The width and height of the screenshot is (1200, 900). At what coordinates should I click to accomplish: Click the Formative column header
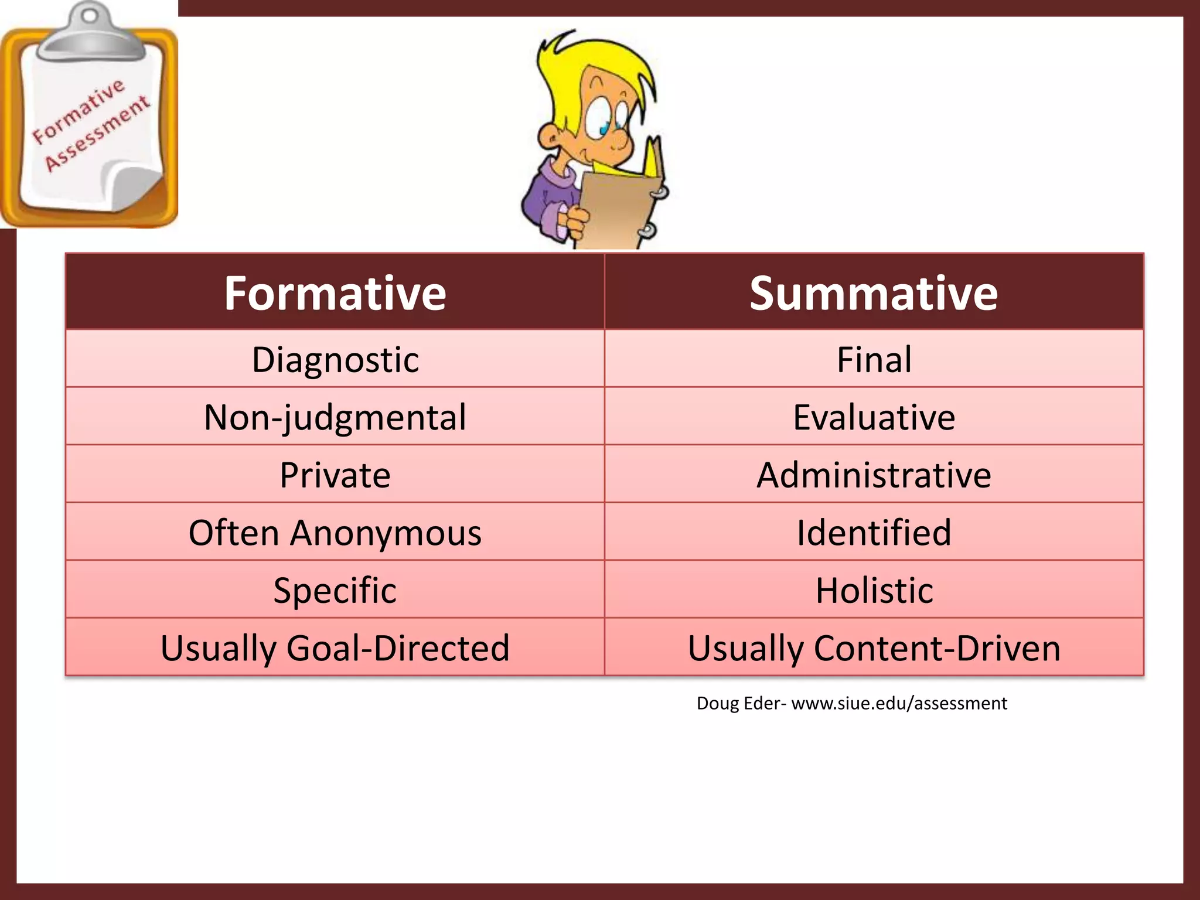pos(335,293)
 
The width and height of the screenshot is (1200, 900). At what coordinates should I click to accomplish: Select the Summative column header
pos(873,293)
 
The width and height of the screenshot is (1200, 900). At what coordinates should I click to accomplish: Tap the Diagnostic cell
pos(335,359)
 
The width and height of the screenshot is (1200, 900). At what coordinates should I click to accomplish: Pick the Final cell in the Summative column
pos(874,359)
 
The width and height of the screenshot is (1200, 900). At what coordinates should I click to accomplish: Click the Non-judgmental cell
pos(335,417)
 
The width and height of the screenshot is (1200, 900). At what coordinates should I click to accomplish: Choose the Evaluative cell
pos(874,417)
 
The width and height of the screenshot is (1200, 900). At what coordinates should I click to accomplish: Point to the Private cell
pos(335,475)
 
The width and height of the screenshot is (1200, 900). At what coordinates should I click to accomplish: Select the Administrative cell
pos(874,475)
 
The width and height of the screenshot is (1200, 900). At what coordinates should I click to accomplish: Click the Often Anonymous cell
pos(335,533)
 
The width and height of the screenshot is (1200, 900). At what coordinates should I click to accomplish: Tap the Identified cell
pos(874,533)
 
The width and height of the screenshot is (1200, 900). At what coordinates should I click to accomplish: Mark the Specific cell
pos(335,590)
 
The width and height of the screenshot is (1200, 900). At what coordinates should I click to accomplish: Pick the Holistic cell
pos(874,590)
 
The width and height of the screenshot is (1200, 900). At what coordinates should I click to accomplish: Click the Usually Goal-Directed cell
pos(335,648)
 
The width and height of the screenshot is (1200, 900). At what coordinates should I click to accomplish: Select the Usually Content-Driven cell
pos(874,648)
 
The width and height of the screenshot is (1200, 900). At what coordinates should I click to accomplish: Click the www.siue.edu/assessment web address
pos(899,703)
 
